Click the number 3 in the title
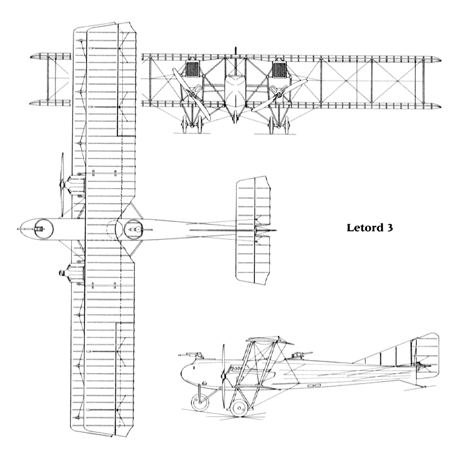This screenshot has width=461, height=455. [390, 227]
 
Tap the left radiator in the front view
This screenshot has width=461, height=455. [193, 70]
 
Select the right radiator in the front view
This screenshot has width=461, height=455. [279, 70]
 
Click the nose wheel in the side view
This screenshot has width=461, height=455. [200, 402]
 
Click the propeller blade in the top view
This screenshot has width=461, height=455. [62, 185]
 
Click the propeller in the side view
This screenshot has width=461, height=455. [224, 376]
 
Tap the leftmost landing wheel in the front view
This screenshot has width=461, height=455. [185, 124]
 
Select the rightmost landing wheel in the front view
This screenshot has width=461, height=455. [287, 124]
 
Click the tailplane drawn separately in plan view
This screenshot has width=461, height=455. [253, 230]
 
